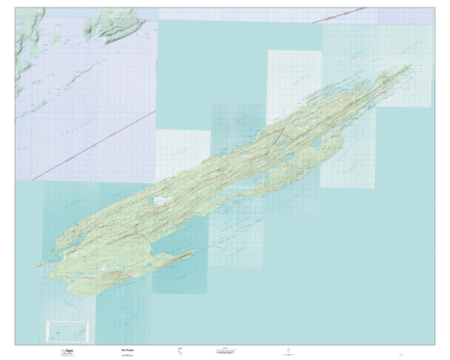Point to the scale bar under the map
230,351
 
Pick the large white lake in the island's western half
158,201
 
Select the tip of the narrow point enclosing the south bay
196,250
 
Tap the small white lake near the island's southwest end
101,270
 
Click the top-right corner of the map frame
435,9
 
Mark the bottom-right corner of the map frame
435,344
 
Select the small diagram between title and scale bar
179,350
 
